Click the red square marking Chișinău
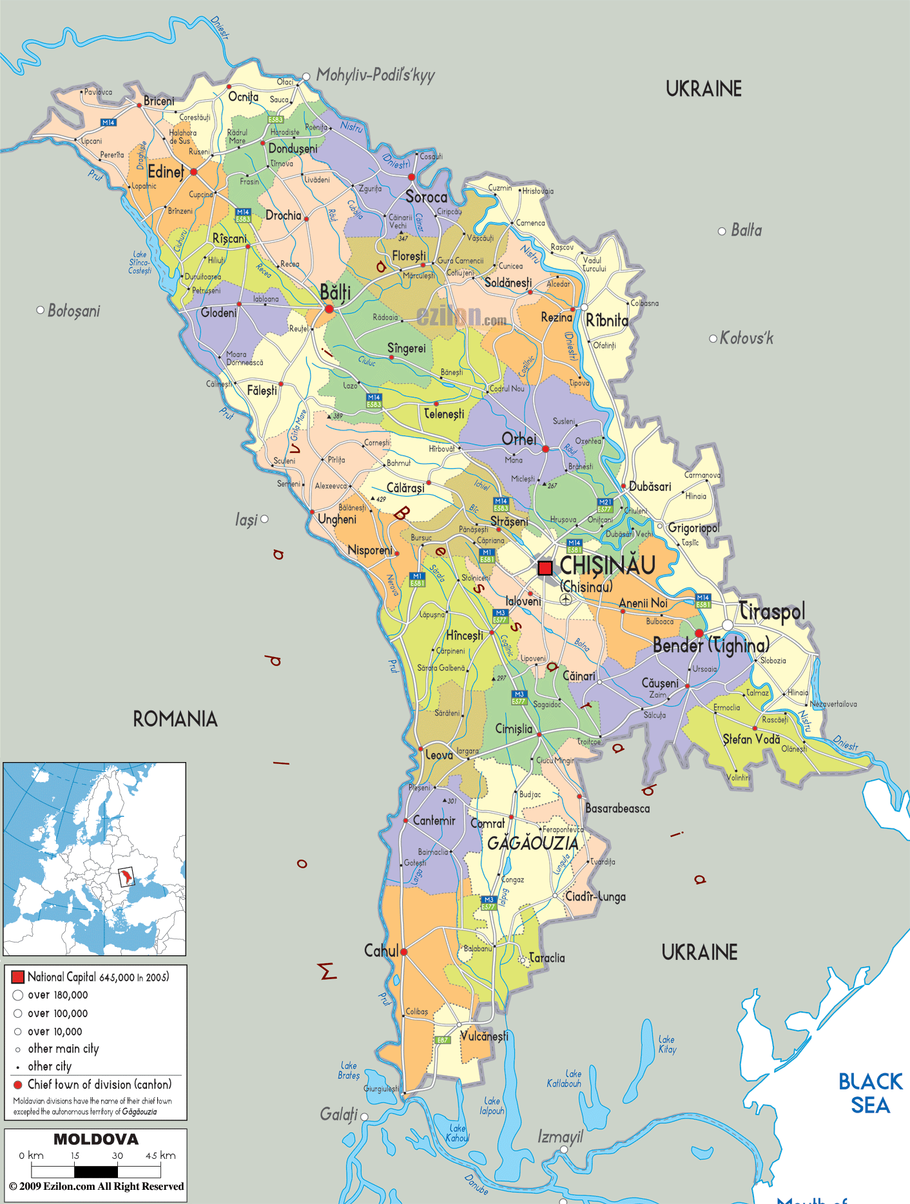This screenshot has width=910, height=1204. (545, 568)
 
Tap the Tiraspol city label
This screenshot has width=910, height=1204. (771, 611)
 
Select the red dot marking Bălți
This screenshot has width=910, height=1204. (329, 309)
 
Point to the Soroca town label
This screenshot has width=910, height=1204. (426, 197)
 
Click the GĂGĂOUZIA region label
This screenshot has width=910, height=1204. (532, 843)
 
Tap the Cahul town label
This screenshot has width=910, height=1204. (381, 951)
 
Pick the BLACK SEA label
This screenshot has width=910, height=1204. (870, 1093)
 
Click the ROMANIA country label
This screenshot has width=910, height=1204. (175, 719)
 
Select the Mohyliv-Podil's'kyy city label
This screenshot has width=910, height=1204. (375, 75)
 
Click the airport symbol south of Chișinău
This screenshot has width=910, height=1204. (565, 600)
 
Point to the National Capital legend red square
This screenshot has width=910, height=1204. (18, 977)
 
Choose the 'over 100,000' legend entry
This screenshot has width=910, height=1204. (57, 1013)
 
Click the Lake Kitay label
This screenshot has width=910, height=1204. (667, 1044)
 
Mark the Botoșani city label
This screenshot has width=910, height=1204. (73, 311)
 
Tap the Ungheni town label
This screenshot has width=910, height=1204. (336, 519)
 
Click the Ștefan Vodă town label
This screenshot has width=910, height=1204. (751, 740)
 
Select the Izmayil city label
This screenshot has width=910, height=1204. (560, 1137)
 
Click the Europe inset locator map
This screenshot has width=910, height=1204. (95, 859)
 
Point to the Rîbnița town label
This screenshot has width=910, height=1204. (606, 320)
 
